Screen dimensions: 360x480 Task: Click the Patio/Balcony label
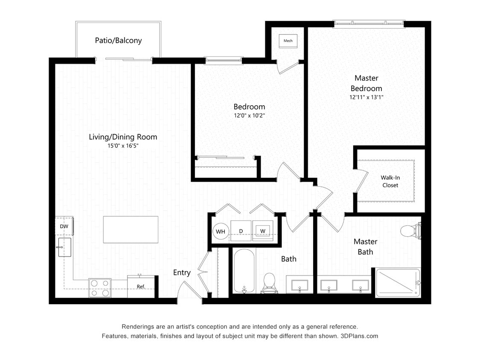[118, 41]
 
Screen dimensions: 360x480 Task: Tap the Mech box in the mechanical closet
[288, 41]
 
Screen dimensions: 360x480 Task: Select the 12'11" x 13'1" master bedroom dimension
[366, 97]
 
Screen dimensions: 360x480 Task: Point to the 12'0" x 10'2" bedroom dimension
[249, 116]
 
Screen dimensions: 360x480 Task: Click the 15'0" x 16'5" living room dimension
[123, 146]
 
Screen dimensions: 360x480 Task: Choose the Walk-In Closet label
[390, 181]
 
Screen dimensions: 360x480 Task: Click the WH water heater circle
[221, 232]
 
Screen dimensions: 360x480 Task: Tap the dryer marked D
[241, 231]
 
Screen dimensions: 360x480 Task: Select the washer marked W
[262, 231]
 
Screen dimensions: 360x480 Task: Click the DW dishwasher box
[64, 226]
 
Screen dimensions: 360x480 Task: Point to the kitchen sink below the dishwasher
[64, 247]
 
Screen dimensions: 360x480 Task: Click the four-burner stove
[100, 287]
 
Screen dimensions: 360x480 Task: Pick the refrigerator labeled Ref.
[141, 287]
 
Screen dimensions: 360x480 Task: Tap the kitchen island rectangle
[131, 229]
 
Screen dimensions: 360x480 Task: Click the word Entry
[182, 273]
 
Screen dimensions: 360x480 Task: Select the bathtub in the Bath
[244, 272]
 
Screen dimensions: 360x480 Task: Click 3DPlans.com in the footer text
[359, 336]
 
